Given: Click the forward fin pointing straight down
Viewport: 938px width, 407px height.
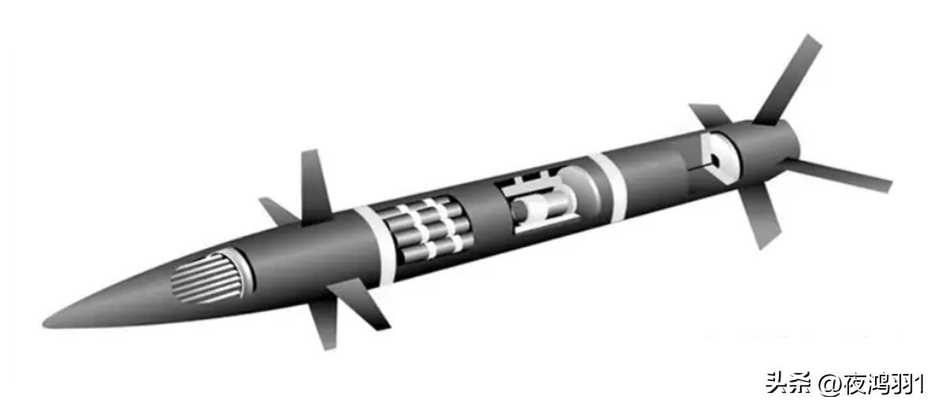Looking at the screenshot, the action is click(324, 324).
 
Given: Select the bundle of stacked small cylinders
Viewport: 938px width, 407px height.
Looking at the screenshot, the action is click(426, 230).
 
